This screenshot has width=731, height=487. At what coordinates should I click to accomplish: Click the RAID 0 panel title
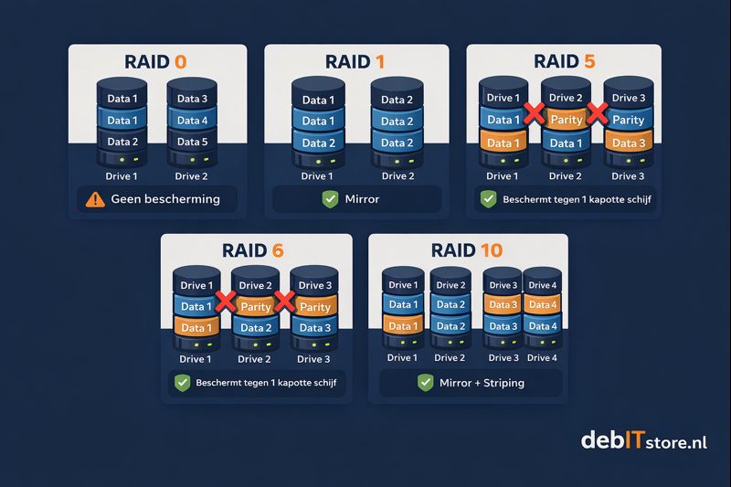(x=157, y=62)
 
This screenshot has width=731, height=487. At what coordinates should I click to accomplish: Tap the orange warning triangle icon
(x=93, y=198)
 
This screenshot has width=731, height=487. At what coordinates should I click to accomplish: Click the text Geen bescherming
(x=165, y=198)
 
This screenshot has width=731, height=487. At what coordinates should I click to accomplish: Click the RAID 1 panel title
(x=356, y=62)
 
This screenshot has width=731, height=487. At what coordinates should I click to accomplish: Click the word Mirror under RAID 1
(x=364, y=198)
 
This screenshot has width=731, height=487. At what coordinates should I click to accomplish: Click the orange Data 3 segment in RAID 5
(x=629, y=142)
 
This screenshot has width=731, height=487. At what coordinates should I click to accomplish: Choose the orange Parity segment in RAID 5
(x=567, y=120)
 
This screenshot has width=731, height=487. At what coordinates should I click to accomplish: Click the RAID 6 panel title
(x=256, y=250)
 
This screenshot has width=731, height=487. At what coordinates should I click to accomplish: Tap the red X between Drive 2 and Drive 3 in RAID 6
(x=285, y=302)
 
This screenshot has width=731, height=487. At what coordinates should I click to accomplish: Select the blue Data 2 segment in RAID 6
(x=256, y=328)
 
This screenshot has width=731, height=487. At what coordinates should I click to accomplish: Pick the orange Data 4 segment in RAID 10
(x=542, y=305)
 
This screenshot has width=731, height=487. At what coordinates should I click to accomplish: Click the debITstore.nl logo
(x=643, y=442)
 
